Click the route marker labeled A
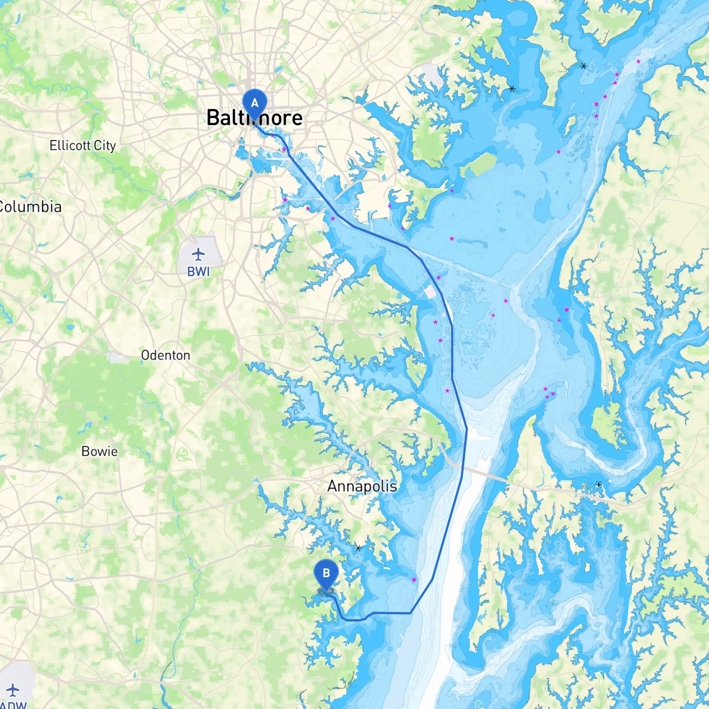pyautogui.click(x=255, y=104)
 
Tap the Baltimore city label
pyautogui.click(x=254, y=118)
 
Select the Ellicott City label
pyautogui.click(x=83, y=146)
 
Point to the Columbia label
pyautogui.click(x=30, y=207)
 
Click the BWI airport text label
pyautogui.click(x=198, y=272)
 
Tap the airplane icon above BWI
pyautogui.click(x=198, y=254)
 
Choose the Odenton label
pyautogui.click(x=166, y=356)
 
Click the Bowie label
pyautogui.click(x=100, y=452)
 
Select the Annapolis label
pyautogui.click(x=362, y=486)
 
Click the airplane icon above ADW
pyautogui.click(x=13, y=690)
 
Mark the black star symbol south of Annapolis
pyautogui.click(x=358, y=548)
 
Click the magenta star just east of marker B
pyautogui.click(x=414, y=580)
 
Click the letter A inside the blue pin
pyautogui.click(x=255, y=103)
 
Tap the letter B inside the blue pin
pyautogui.click(x=326, y=573)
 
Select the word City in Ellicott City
pyautogui.click(x=105, y=146)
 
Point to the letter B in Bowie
pyautogui.click(x=85, y=452)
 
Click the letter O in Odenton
pyautogui.click(x=145, y=356)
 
